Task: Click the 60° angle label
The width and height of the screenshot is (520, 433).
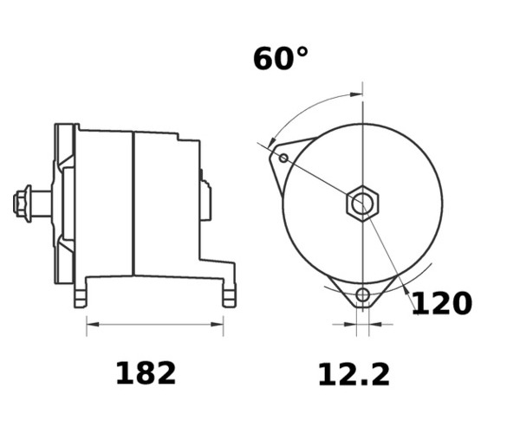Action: pos(281,58)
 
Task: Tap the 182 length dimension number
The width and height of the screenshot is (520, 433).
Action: pos(146,373)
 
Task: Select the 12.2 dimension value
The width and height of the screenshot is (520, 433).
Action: pos(354,375)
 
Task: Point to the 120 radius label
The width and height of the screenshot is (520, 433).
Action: pos(442,303)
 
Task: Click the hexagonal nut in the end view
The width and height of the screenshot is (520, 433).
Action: pos(362,204)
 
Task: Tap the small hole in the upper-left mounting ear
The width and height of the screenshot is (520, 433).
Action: pos(283,158)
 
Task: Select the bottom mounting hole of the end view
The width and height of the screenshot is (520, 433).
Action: pos(363,294)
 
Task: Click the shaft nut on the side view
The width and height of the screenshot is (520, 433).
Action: pos(22,204)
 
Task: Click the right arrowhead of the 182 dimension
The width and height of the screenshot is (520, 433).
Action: pos(217,325)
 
